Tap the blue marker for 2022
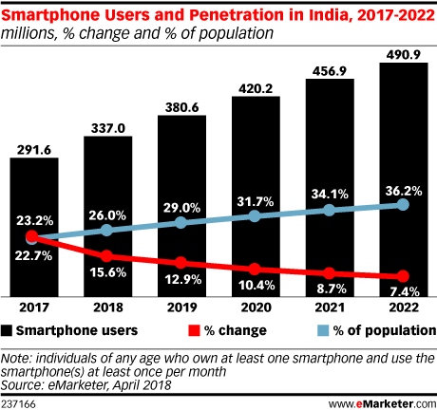pos(404,204)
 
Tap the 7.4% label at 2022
pos(404,289)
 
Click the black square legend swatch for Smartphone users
pos(9,331)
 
